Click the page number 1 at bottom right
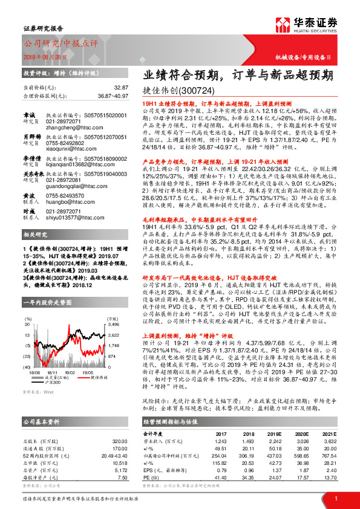pos(335,498)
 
